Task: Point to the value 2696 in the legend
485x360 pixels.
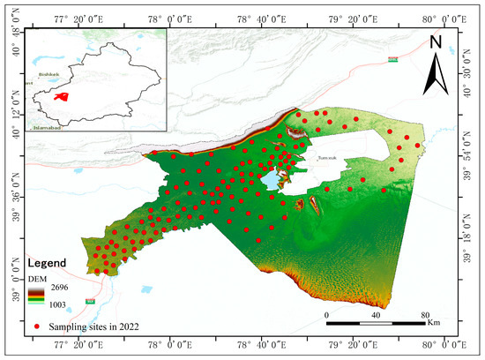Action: [x=68, y=288]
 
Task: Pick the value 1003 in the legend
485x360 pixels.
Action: [x=68, y=304]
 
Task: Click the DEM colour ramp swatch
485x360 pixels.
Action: [x=37, y=296]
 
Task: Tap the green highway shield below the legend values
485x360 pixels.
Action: [x=89, y=302]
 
